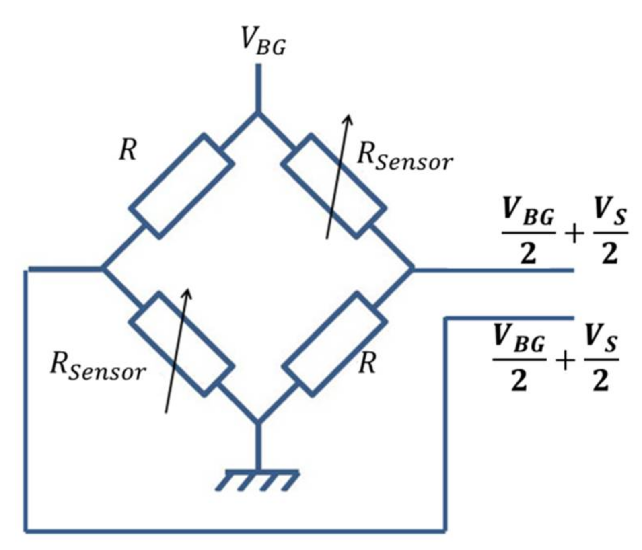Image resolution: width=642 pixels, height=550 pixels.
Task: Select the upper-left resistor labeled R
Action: pos(181,186)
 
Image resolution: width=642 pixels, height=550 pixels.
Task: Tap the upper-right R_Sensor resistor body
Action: pos(334,186)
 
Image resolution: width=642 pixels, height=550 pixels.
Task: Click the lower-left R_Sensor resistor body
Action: pos(181,344)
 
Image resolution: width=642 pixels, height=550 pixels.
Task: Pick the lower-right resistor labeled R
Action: pos(334,344)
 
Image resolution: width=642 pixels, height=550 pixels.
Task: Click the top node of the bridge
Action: pos(258,113)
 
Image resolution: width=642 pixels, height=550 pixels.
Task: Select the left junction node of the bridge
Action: pos(103,269)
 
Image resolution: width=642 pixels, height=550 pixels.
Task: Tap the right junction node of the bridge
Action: pos(413,269)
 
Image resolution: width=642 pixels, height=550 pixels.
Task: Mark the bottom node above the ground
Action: pos(258,422)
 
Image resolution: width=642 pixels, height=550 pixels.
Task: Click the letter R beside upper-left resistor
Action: pos(128,151)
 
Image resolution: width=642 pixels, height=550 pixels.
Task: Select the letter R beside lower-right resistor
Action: pos(367,363)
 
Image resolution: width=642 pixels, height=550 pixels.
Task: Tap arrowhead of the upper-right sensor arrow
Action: pos(349,118)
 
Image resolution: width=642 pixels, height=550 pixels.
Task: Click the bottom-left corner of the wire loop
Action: pos(27,531)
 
